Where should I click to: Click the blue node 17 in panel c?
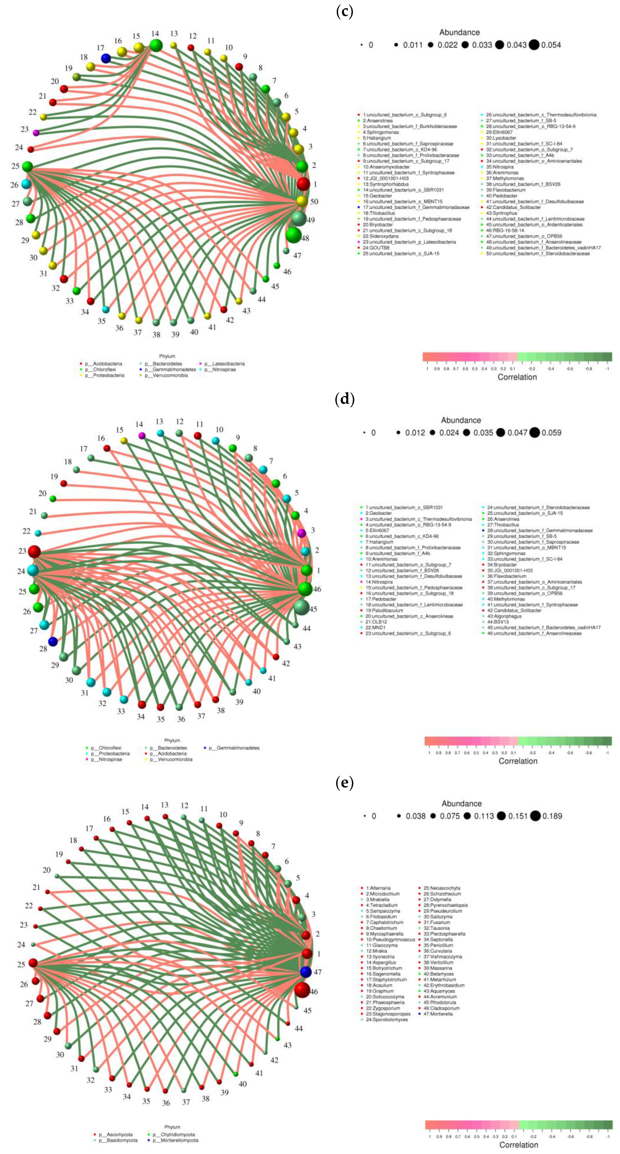tap(106, 58)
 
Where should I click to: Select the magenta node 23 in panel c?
tap(36, 133)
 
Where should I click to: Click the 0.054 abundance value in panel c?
tap(551, 45)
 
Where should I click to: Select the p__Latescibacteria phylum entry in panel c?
tap(225, 364)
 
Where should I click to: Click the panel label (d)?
tap(344, 399)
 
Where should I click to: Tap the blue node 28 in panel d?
tap(53, 642)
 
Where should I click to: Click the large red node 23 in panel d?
tap(34, 551)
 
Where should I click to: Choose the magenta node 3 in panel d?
tap(301, 533)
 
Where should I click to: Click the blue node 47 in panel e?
tap(306, 972)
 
